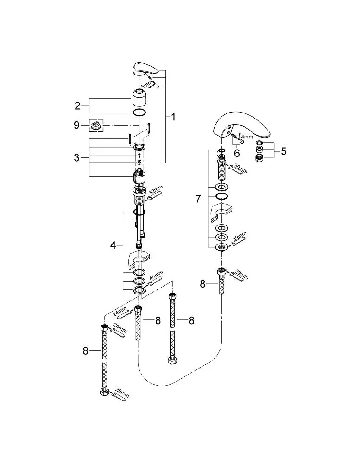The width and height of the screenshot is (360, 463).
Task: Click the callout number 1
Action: point(173,117)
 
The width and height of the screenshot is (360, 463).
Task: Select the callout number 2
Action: point(77,106)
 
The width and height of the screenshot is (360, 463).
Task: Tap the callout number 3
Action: point(77,158)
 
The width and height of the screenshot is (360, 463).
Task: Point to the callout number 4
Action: point(113,245)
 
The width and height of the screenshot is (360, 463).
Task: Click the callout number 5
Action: point(284,151)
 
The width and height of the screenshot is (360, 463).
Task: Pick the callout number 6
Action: point(237,153)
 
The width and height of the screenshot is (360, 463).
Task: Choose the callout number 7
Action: point(198,199)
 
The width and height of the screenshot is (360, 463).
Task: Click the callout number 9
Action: point(76,125)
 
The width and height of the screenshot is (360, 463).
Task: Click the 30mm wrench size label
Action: point(240,169)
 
